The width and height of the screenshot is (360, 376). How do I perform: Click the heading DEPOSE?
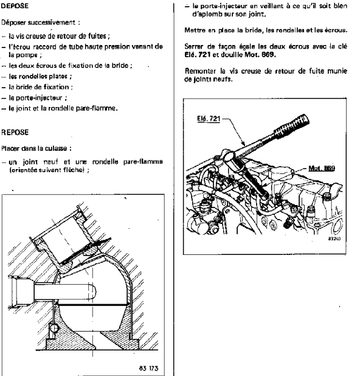(x=15, y=5)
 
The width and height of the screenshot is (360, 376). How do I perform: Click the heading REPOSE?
(x=15, y=133)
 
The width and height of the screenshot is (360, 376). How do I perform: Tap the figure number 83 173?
(x=148, y=368)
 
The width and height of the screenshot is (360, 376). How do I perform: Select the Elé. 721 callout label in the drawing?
(x=209, y=119)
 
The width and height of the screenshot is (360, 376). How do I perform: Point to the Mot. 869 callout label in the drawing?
(x=322, y=168)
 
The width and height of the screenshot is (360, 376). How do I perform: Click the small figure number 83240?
(x=334, y=239)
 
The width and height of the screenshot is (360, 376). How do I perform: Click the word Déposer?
(x=13, y=23)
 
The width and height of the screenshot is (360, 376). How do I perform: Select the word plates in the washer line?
(x=58, y=76)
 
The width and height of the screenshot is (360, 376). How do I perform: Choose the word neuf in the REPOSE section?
(x=51, y=162)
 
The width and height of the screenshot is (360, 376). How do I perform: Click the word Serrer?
(x=193, y=46)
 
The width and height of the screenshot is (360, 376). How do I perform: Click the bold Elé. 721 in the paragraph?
(x=197, y=55)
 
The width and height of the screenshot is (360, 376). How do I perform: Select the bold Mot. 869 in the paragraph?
(x=260, y=55)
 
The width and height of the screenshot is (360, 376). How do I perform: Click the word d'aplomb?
(x=207, y=15)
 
